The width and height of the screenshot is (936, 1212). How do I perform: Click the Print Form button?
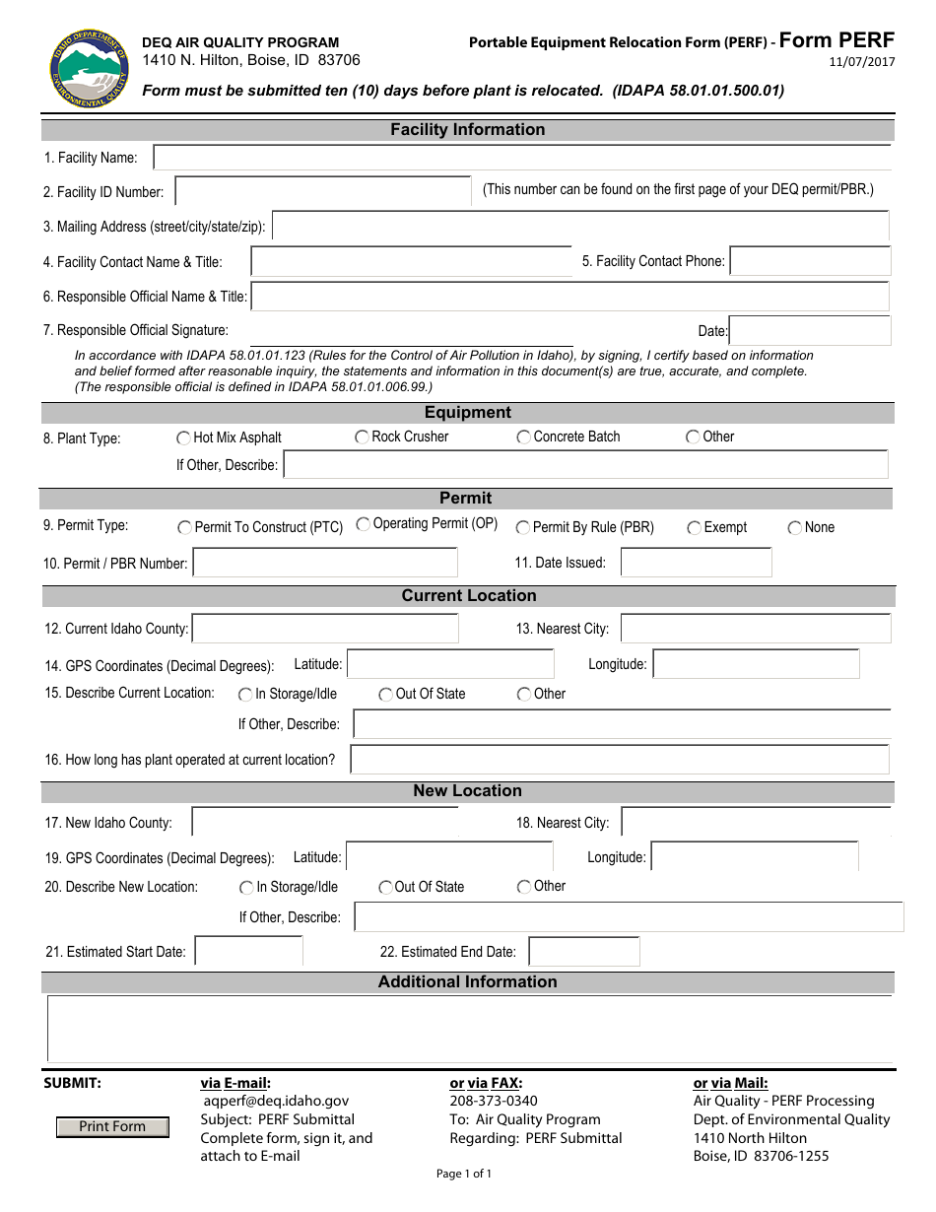[x=111, y=1126]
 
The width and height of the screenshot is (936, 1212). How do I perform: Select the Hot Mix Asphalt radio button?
[x=184, y=438]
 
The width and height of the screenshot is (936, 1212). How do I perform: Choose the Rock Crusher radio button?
[x=363, y=437]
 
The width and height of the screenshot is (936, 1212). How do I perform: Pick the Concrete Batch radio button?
[x=524, y=438]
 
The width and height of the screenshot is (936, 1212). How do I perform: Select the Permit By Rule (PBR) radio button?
[x=523, y=528]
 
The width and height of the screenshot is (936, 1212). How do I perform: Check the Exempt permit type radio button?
[x=695, y=528]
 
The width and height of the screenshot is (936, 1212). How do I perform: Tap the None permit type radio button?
[x=795, y=528]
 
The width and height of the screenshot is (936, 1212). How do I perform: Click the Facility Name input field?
[x=522, y=158]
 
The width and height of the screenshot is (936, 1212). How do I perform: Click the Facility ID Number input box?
[x=323, y=191]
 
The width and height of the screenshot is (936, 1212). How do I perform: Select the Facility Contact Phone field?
[x=810, y=261]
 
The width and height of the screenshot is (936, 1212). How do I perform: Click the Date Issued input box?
[x=696, y=563]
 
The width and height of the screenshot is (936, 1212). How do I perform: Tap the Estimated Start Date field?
[x=248, y=952]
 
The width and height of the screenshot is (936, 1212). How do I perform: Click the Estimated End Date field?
[x=584, y=952]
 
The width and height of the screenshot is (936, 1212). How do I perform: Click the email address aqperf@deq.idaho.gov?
[x=276, y=1101]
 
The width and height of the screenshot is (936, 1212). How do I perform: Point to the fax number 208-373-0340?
[x=494, y=1101]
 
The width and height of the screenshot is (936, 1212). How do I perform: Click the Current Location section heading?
[x=468, y=596]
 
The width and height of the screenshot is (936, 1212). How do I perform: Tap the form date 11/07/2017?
[x=863, y=62]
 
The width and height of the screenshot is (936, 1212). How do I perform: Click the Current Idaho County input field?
[x=325, y=629]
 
